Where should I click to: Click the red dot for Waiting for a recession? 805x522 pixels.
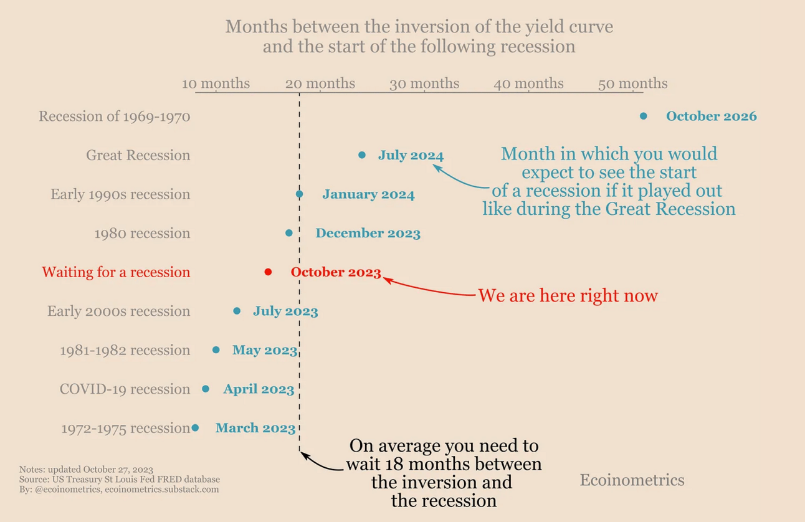point(268,272)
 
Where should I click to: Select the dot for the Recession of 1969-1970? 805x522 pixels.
point(643,116)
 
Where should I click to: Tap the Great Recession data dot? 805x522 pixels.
point(362,155)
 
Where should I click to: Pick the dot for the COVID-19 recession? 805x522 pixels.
point(206,389)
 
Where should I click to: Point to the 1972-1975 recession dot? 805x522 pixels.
point(195,427)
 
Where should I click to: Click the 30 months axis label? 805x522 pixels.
point(424,83)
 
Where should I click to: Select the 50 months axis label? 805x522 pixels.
point(633,83)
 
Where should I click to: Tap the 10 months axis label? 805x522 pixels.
point(216,83)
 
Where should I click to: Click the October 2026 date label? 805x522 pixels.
point(712,116)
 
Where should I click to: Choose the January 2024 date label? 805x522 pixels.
point(368,194)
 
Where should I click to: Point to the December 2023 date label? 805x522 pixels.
point(368,233)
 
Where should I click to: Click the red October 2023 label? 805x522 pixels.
point(336,272)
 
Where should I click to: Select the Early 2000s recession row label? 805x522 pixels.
point(118,311)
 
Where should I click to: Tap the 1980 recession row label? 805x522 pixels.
point(142,234)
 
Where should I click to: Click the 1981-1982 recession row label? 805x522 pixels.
point(125,350)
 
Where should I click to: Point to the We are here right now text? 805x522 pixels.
point(568,296)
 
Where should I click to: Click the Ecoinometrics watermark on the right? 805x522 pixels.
point(632,480)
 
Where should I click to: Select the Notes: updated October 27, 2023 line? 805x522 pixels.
point(86,470)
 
